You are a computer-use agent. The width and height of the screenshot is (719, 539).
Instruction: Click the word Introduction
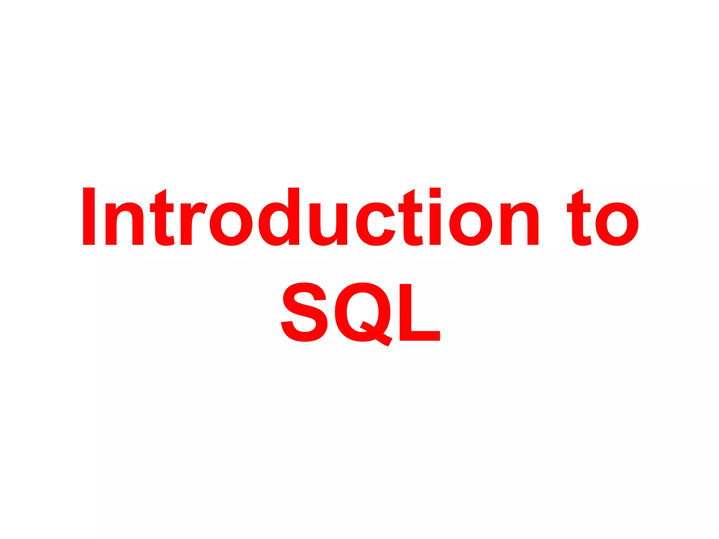point(310,217)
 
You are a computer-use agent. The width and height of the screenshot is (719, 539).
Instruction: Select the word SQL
point(361,312)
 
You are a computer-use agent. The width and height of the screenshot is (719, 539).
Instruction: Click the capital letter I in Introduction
point(89,216)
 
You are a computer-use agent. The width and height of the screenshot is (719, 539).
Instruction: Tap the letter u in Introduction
point(328,225)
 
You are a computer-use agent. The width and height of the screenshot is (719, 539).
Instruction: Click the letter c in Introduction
point(375,224)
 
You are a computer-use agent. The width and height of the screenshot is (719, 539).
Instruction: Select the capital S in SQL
point(304,312)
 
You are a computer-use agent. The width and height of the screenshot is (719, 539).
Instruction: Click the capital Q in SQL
point(363,312)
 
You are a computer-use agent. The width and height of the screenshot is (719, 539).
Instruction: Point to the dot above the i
point(435,193)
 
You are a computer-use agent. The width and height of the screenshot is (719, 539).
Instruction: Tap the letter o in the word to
point(617,224)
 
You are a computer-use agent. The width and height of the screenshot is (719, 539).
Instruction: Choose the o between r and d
point(231,224)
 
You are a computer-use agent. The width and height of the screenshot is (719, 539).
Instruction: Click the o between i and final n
point(470,224)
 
